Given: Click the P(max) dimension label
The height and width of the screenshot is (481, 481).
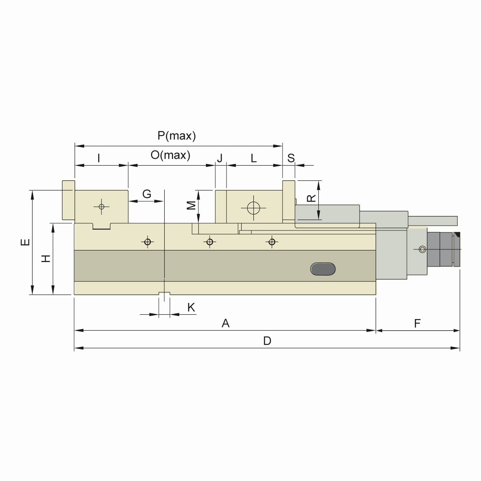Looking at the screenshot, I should (176, 136).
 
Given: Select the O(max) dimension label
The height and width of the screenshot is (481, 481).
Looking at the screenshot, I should (170, 155).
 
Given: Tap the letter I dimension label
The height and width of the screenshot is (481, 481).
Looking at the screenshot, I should (99, 158).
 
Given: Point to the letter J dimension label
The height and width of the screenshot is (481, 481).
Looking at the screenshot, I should (220, 158).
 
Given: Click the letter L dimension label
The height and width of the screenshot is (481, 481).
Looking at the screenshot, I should (253, 158).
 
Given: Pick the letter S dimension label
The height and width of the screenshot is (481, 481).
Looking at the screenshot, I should (291, 158).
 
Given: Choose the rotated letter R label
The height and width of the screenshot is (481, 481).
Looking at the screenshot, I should (311, 198).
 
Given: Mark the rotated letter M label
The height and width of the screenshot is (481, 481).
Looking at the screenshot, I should (192, 205).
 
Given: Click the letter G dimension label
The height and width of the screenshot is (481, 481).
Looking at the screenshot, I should (147, 194).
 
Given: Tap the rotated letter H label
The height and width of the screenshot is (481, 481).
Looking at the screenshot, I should (46, 259).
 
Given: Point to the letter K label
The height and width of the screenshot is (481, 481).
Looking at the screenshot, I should (191, 307).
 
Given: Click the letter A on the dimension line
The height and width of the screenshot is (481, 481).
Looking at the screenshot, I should (226, 323).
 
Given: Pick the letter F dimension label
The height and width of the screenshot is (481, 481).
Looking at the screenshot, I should (417, 323).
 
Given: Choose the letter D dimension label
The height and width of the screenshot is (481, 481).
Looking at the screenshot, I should (267, 341).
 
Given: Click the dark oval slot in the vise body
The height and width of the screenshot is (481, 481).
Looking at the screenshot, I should (323, 269).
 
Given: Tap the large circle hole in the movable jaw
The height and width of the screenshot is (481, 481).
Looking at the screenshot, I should (254, 208).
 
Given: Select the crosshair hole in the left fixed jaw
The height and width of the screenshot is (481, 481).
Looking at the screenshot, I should (101, 206).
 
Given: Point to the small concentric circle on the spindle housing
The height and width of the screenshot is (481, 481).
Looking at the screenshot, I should (422, 249).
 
